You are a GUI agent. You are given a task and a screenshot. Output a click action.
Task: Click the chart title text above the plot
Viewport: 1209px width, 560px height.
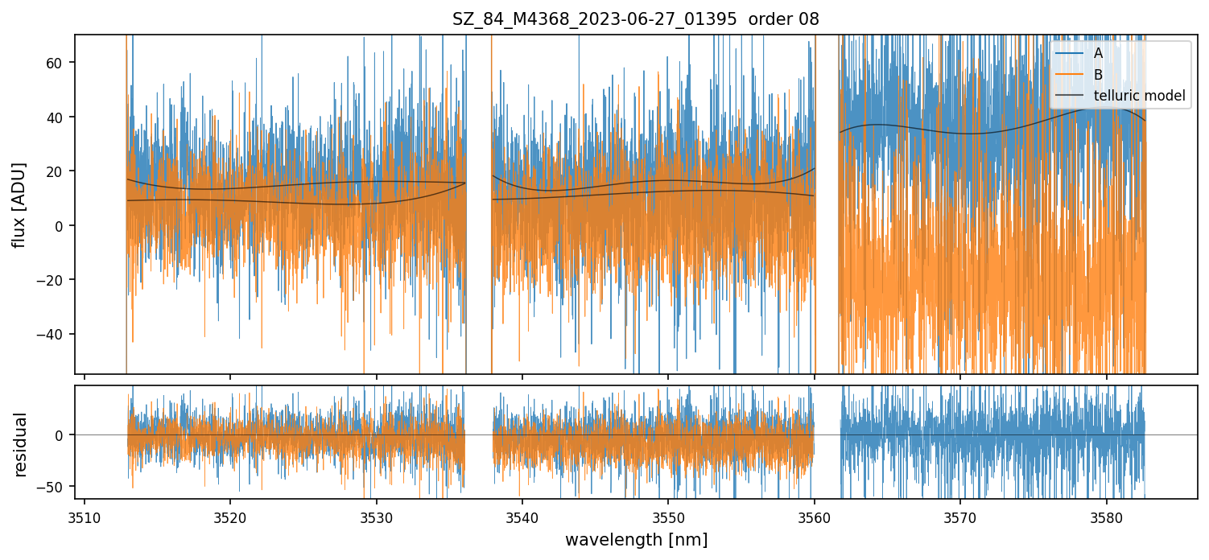tap(636, 19)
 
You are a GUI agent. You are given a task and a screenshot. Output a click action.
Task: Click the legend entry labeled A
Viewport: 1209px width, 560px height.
tap(1098, 53)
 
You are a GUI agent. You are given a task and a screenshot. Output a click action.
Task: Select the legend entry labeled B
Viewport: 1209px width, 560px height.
tap(1098, 74)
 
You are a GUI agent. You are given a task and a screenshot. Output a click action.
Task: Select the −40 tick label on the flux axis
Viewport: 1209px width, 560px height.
tap(56, 334)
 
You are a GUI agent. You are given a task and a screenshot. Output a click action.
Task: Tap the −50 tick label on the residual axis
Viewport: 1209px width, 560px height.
tap(56, 486)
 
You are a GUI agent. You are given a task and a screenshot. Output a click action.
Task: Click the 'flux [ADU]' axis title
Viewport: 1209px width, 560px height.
tap(19, 204)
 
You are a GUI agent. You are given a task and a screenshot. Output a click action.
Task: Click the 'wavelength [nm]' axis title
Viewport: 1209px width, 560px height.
tap(636, 539)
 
